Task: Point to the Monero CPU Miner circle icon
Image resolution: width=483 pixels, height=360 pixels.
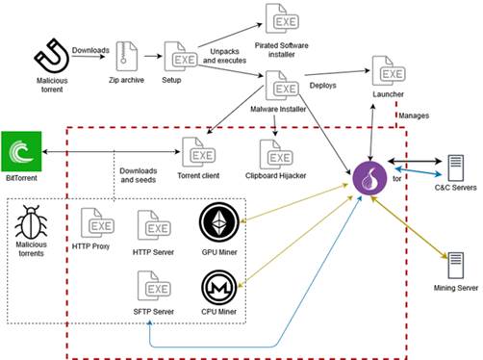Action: (x=220, y=288)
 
